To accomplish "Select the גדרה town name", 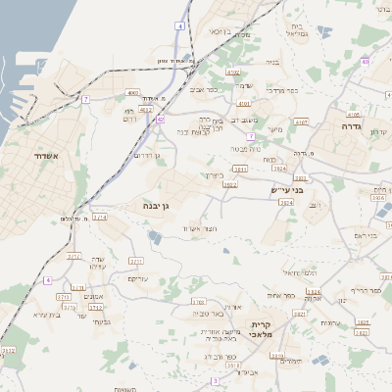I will (353, 127).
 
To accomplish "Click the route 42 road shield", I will (160, 119).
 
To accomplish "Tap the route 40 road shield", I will (364, 62).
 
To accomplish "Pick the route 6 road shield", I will (47, 280).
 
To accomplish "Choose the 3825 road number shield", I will (363, 322).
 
